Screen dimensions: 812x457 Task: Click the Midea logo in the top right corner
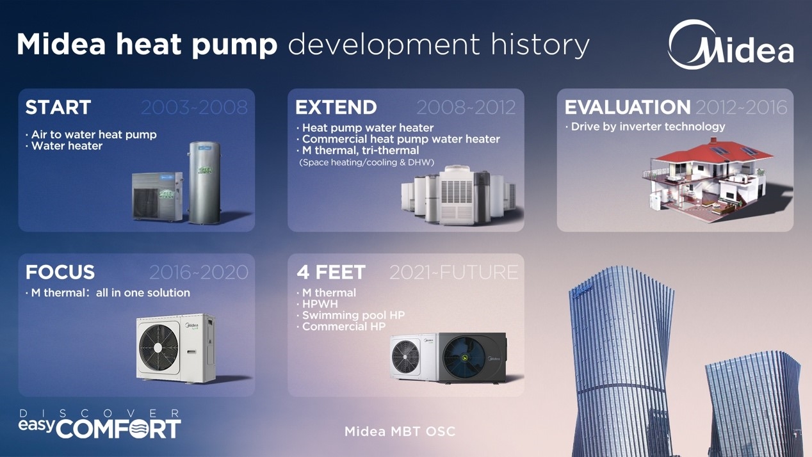(x=730, y=45)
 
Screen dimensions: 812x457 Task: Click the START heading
(x=58, y=108)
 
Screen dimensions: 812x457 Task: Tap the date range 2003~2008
(x=194, y=108)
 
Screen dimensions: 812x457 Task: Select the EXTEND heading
(x=336, y=108)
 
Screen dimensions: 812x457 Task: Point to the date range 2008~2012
(x=466, y=108)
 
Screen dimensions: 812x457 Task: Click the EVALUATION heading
(x=628, y=108)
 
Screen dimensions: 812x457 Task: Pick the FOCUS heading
(x=60, y=272)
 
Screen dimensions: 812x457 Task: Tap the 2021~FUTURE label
(x=454, y=272)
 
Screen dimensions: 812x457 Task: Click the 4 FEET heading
(x=331, y=272)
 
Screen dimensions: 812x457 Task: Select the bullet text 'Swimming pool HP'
(x=353, y=316)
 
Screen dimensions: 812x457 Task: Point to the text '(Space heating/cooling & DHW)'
(x=366, y=163)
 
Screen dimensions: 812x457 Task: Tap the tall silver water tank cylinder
(x=204, y=182)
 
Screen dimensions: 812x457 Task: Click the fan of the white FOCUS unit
(x=158, y=347)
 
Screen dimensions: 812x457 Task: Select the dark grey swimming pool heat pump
(x=473, y=358)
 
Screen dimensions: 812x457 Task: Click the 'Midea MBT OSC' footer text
(x=400, y=431)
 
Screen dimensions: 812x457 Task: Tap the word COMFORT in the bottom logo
(x=118, y=429)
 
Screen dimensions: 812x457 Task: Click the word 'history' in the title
(x=540, y=45)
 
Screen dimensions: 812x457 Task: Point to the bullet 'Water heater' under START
(x=67, y=146)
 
